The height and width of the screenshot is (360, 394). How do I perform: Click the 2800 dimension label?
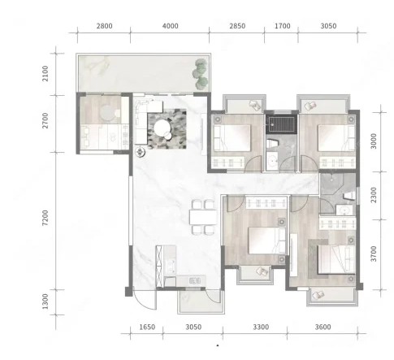(x=105, y=26)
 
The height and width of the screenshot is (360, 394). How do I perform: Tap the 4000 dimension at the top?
(x=171, y=26)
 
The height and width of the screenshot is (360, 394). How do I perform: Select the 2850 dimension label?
(x=237, y=26)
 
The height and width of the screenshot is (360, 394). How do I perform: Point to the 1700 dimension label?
(x=283, y=26)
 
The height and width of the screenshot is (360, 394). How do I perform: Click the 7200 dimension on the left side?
(x=45, y=218)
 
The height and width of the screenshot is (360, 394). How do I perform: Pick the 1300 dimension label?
(x=45, y=301)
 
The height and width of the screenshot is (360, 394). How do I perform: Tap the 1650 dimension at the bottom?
(x=147, y=327)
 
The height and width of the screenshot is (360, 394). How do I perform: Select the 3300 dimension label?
(x=261, y=327)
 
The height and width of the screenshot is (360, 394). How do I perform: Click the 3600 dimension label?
(x=323, y=327)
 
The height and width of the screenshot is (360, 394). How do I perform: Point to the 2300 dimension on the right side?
(x=374, y=195)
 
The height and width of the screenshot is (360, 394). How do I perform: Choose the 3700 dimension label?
(x=374, y=254)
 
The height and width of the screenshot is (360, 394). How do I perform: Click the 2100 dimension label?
(x=45, y=73)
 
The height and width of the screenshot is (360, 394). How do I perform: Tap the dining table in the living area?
(x=203, y=217)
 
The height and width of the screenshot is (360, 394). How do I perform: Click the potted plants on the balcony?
(x=200, y=74)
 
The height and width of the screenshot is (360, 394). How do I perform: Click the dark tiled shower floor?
(x=281, y=124)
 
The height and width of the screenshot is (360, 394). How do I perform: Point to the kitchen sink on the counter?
(x=195, y=280)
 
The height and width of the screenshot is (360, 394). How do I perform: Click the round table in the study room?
(x=108, y=112)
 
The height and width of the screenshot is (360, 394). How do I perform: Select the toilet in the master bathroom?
(x=349, y=196)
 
